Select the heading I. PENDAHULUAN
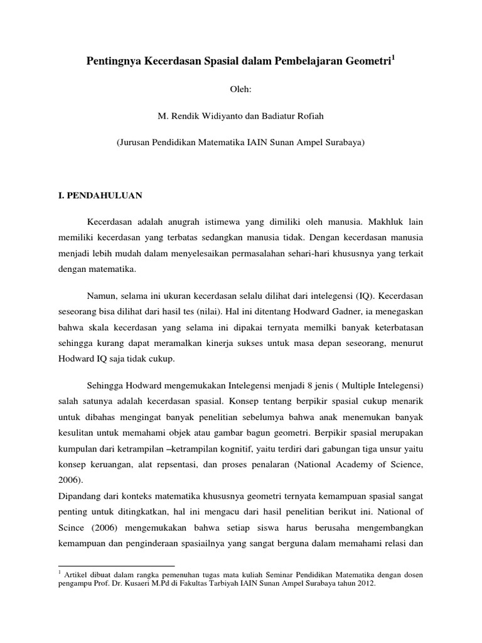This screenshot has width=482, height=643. (x=100, y=196)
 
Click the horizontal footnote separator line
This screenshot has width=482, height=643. (x=116, y=566)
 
